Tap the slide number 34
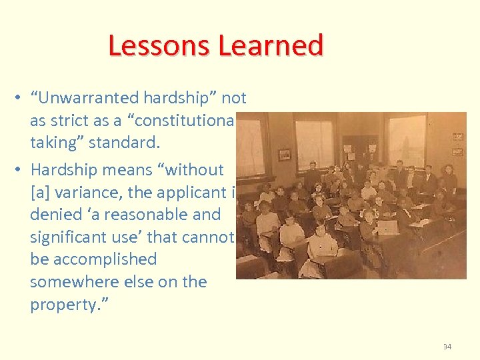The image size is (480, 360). coord(446,346)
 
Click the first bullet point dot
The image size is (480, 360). coord(15,99)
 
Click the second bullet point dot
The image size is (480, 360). coord(15,170)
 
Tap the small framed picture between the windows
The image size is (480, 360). coord(285,154)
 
